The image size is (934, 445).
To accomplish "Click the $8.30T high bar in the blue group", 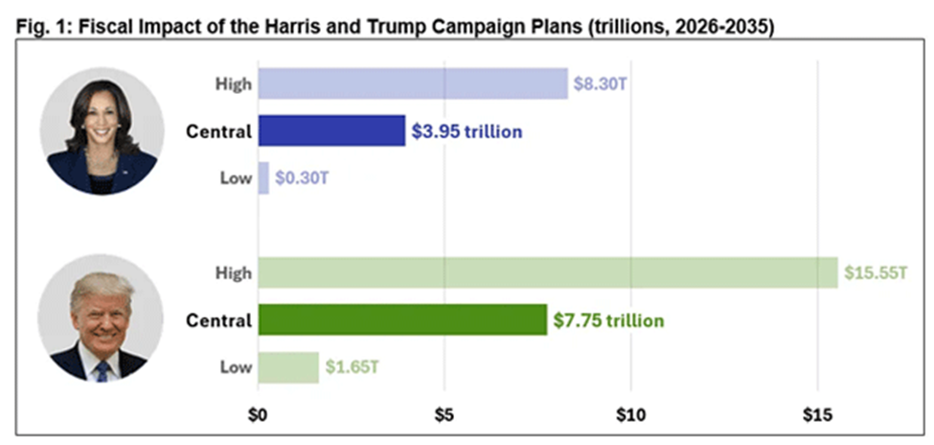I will [412, 83].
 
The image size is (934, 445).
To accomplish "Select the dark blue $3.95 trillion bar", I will [331, 130].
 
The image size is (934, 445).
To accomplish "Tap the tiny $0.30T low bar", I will [263, 177].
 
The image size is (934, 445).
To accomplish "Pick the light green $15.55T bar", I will [547, 273].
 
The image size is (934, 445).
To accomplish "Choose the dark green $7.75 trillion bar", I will [401, 320].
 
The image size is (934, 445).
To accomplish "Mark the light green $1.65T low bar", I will [288, 367].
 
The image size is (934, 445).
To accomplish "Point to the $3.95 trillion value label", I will [467, 131].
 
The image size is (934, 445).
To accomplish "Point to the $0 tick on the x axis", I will [258, 416].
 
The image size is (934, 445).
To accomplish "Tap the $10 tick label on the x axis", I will [630, 416].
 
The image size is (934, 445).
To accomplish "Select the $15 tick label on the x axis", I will [817, 416].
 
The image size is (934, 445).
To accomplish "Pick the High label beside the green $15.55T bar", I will [233, 273].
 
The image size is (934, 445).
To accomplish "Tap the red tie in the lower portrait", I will [101, 370].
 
